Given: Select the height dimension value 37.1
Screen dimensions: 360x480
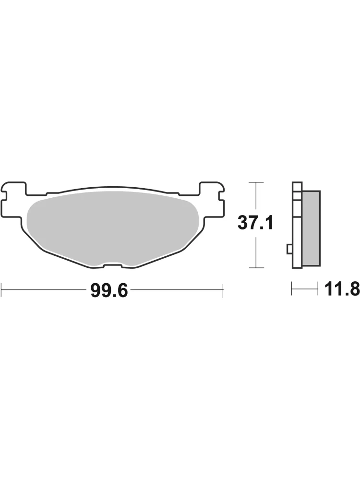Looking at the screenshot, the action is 255,223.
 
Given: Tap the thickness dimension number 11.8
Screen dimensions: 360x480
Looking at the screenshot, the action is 342,289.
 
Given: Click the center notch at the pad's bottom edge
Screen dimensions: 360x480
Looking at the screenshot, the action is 113,265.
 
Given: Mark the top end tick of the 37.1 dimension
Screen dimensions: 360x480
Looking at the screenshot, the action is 256,182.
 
